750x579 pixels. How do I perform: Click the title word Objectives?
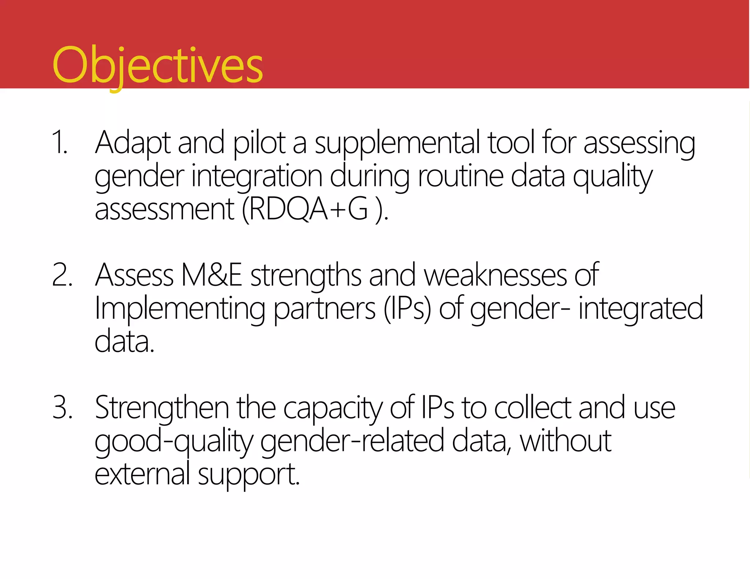coord(157,66)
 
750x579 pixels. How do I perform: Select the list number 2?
coord(62,275)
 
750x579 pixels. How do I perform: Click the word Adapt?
coord(133,143)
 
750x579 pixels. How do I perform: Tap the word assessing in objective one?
coord(639,143)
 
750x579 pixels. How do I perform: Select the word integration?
coord(257,176)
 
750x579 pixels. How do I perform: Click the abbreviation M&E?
coord(211,275)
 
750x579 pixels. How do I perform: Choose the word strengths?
coord(306,276)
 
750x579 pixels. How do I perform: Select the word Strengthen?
coord(162,408)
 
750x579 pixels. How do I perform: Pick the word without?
coord(565,441)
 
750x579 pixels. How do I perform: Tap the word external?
coord(142,474)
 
